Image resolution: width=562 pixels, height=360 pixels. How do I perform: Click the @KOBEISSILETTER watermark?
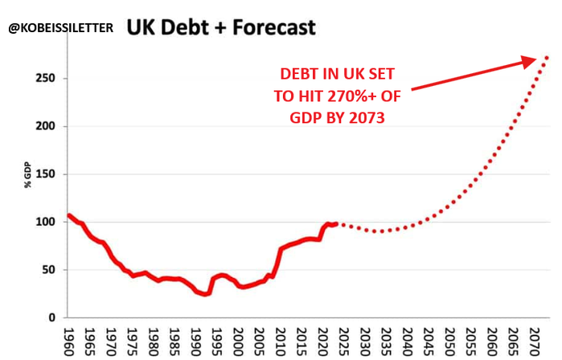click(x=60, y=28)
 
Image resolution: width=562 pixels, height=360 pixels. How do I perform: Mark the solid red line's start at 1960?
click(x=70, y=215)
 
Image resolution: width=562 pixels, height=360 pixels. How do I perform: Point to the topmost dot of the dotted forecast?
click(x=547, y=57)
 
